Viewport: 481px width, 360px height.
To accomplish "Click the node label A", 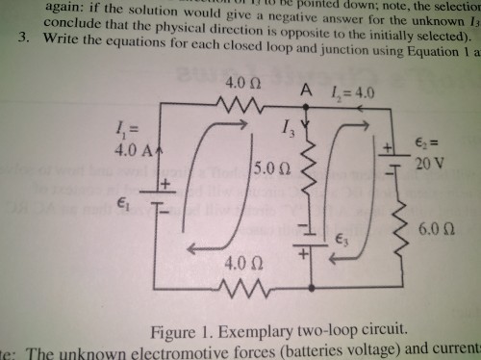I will click(306, 90).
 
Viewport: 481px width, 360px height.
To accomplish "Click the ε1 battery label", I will click(121, 203).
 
